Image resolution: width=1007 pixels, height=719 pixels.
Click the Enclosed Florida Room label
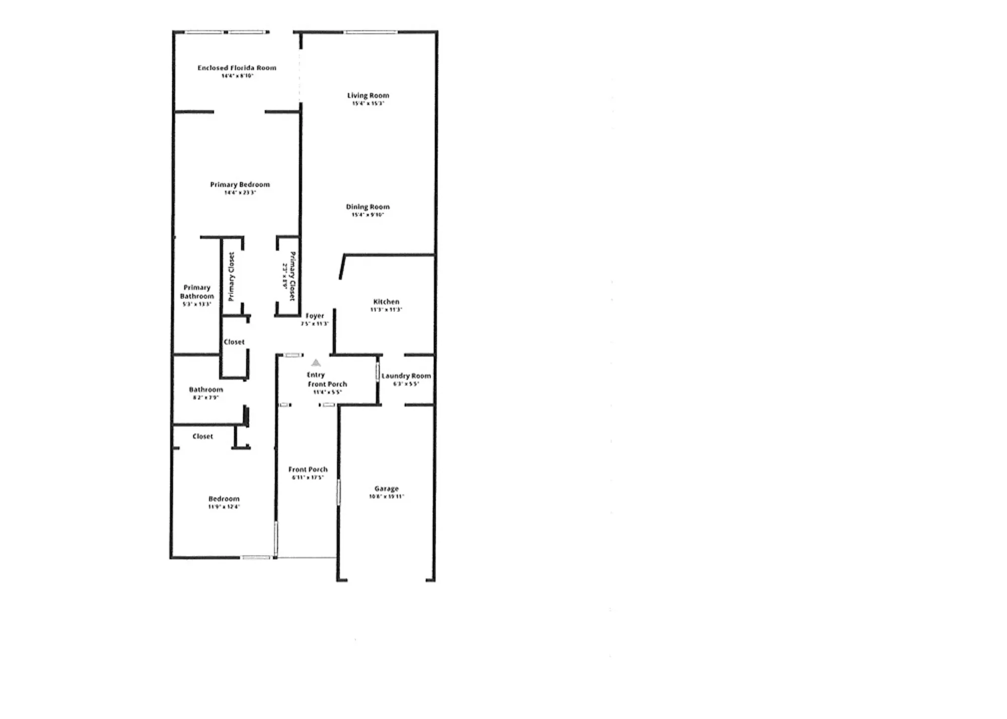click(237, 67)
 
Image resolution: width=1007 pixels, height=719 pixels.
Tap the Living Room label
click(368, 95)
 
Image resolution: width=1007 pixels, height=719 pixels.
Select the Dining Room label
click(368, 206)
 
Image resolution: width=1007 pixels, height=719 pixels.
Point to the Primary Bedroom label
click(240, 184)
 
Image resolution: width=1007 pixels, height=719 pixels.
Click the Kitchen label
click(386, 301)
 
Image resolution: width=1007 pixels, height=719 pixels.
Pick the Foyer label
click(315, 315)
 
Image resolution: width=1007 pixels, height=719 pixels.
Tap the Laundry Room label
click(406, 375)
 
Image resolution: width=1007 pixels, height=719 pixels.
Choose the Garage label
click(386, 488)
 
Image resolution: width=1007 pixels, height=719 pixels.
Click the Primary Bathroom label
click(197, 291)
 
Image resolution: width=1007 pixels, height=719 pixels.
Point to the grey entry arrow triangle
click(316, 362)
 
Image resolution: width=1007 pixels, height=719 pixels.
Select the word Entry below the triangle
click(316, 374)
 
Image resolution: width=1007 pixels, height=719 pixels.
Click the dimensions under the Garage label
click(386, 496)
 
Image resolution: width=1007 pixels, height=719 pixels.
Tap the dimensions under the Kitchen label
click(386, 309)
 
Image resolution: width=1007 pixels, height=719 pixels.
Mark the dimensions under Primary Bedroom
click(240, 192)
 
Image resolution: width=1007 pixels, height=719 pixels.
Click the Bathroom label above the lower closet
click(205, 389)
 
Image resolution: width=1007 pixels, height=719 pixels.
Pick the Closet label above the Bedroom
click(202, 436)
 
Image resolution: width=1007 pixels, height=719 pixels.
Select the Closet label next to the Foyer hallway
click(234, 342)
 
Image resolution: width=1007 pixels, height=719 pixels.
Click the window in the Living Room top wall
click(371, 32)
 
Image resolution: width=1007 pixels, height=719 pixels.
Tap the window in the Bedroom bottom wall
click(256, 557)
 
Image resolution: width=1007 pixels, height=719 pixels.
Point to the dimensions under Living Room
click(368, 103)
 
